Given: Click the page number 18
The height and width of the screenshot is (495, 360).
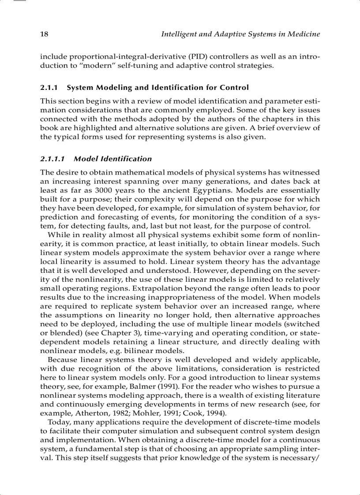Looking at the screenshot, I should [x=44, y=34].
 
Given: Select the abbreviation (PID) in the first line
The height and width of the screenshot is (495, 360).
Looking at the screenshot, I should [x=188, y=57].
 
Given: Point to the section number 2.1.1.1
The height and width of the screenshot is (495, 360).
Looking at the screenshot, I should [x=53, y=159].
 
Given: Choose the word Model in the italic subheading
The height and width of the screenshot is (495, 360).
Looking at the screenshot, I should [x=85, y=159].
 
